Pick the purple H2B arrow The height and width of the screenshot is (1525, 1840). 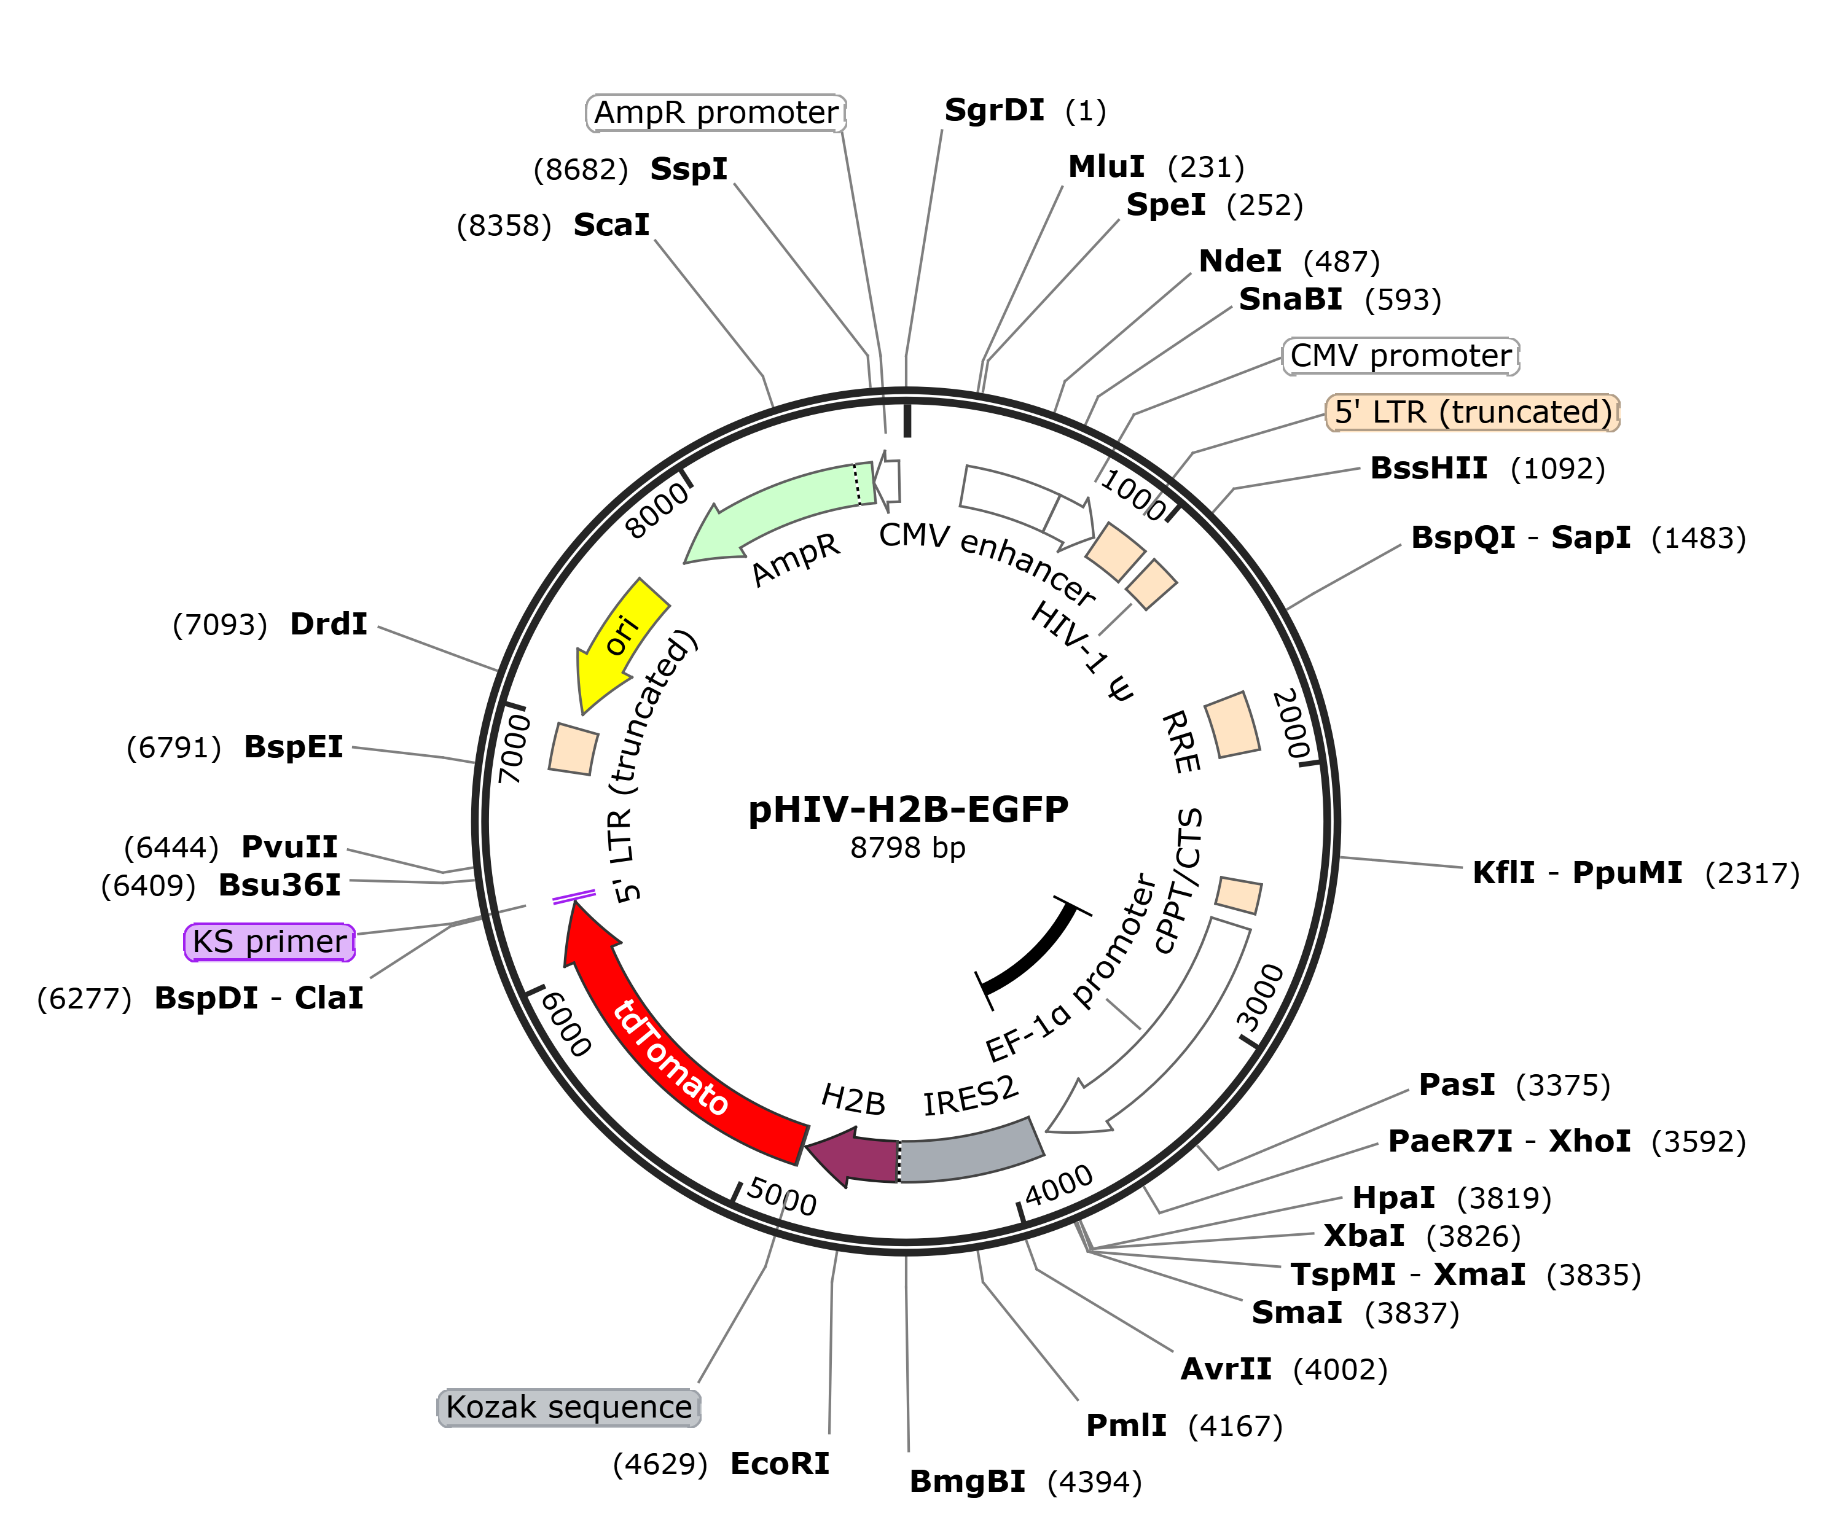855,1157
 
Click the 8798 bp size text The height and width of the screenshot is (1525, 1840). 908,848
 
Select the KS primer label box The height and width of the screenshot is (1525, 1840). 270,942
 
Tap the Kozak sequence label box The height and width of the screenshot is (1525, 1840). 569,1406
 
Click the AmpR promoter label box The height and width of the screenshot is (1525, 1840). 716,112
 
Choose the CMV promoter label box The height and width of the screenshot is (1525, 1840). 1400,356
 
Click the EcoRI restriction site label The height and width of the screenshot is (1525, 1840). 779,1464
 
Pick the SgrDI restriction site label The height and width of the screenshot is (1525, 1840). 993,111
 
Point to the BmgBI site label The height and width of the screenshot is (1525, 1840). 968,1481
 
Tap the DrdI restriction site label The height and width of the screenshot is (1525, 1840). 329,623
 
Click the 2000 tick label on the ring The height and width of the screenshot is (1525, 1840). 1291,723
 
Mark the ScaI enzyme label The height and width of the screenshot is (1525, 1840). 611,225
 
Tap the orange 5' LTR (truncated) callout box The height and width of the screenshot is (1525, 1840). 1472,411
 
